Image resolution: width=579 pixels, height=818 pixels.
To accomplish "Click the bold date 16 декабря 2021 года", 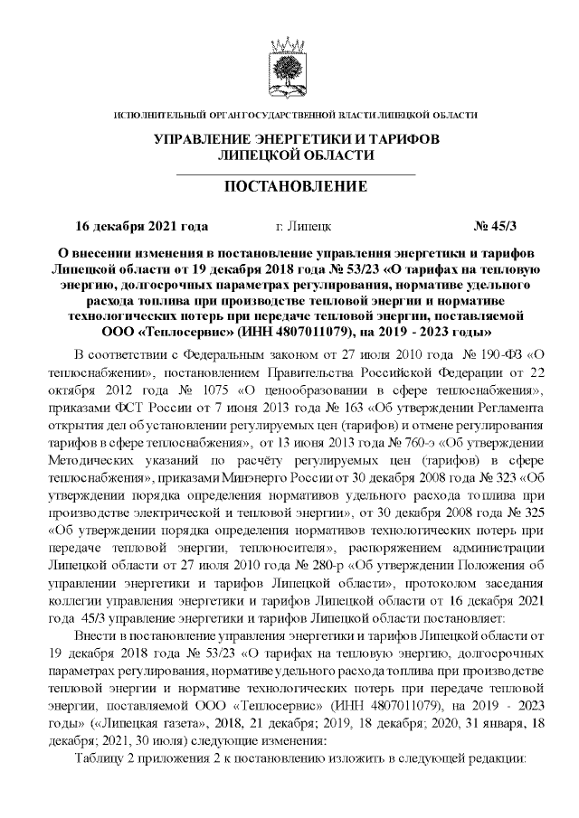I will point(141,225).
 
